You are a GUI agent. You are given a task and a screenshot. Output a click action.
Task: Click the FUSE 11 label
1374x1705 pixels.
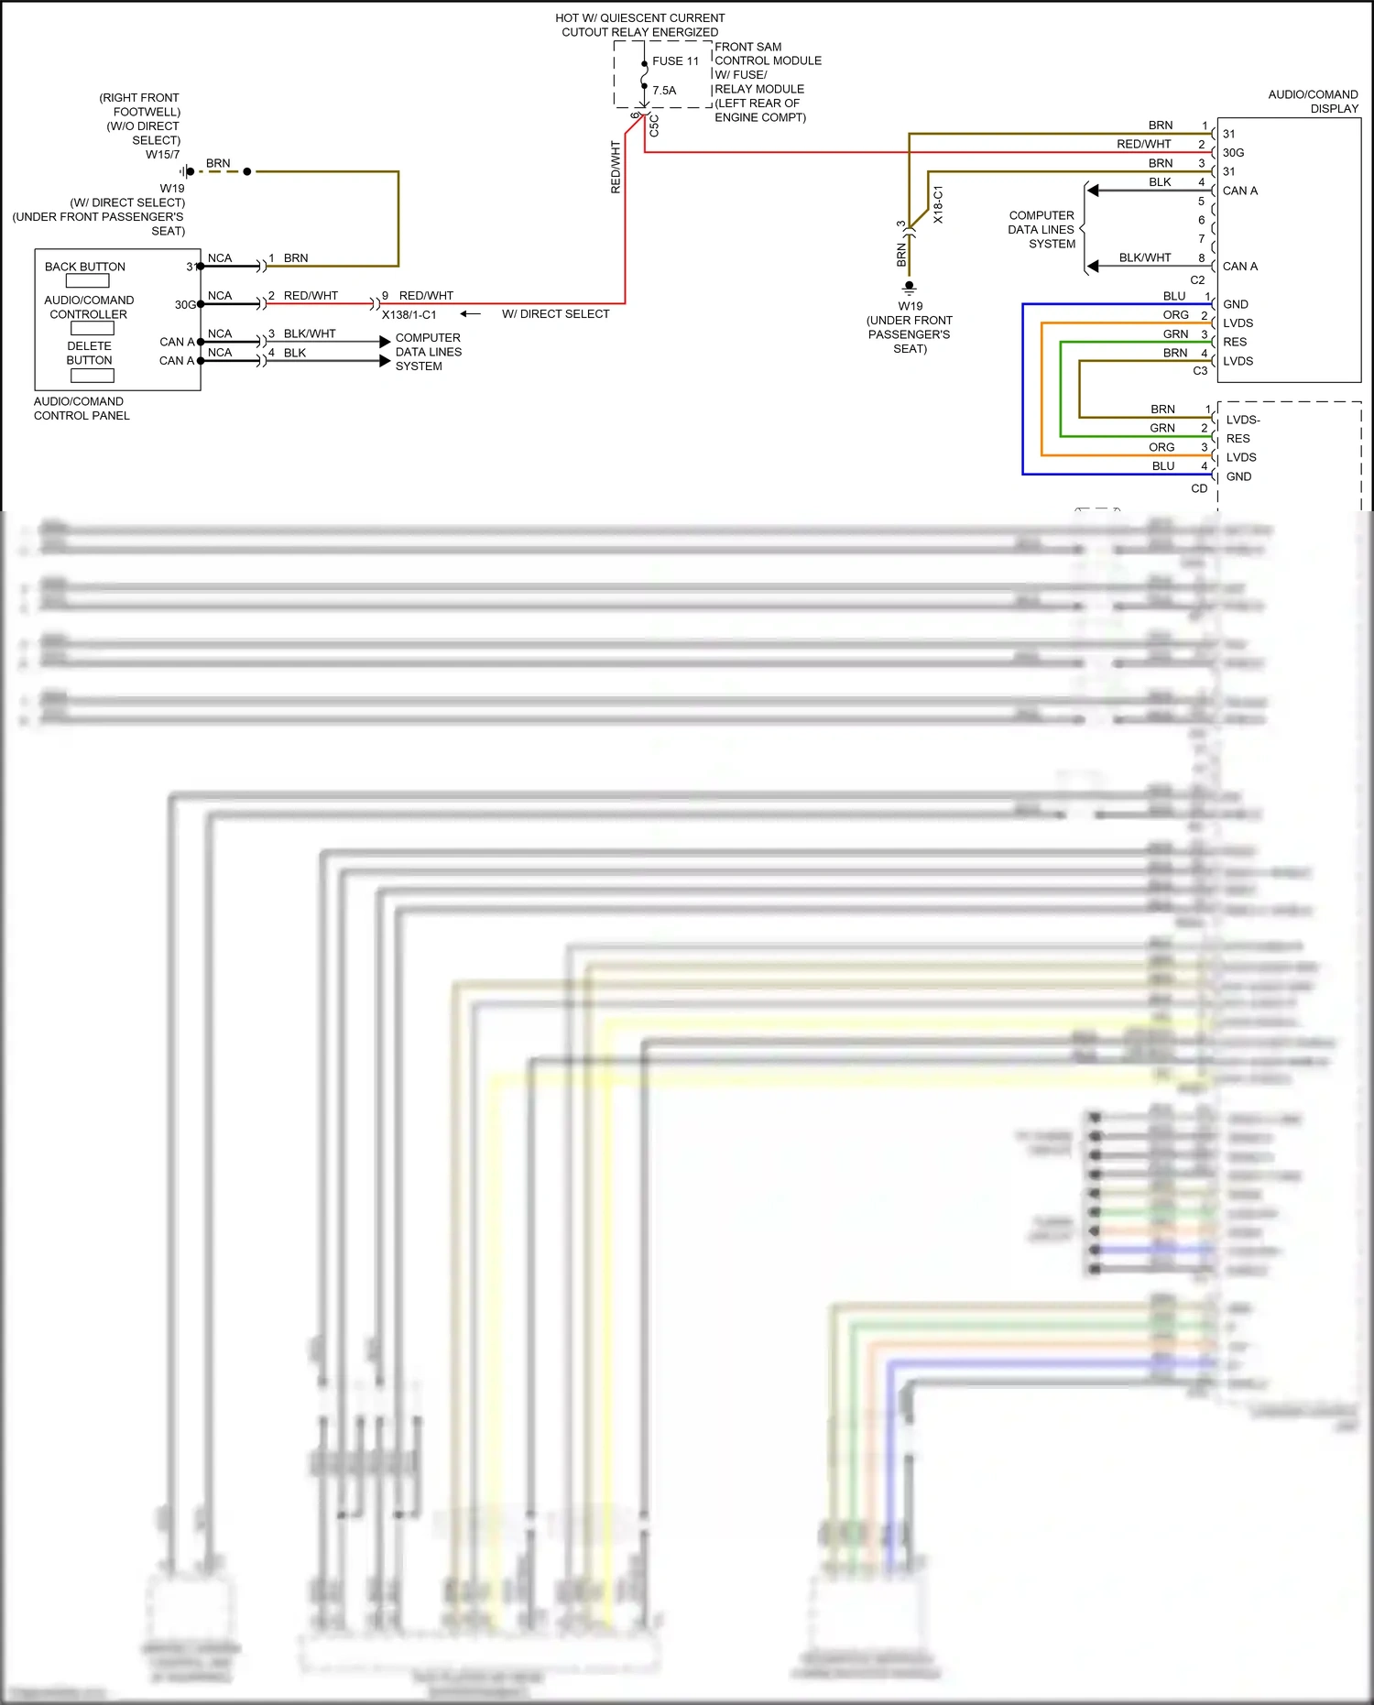[x=675, y=61]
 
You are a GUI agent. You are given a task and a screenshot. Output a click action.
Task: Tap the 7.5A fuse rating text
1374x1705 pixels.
[x=664, y=91]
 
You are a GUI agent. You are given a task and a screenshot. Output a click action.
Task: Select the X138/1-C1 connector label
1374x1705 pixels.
[x=409, y=315]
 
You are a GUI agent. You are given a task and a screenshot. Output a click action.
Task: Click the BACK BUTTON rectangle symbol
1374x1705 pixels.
[x=87, y=281]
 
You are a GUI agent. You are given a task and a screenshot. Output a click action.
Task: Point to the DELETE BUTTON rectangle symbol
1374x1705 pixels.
[x=92, y=375]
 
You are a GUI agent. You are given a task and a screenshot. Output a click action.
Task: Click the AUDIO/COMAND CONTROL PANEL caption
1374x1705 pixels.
[x=82, y=409]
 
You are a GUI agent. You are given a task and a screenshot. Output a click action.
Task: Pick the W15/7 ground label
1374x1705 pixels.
[x=163, y=155]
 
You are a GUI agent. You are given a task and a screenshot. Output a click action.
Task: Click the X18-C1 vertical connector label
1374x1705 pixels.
[x=938, y=205]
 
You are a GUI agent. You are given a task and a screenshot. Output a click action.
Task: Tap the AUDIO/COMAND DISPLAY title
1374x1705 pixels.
[x=1314, y=102]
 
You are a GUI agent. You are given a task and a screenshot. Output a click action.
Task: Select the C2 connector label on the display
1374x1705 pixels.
[x=1197, y=280]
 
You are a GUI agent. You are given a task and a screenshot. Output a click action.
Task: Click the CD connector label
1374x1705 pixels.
[x=1199, y=489]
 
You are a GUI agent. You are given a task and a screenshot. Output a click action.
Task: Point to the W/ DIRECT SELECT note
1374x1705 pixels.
[x=555, y=314]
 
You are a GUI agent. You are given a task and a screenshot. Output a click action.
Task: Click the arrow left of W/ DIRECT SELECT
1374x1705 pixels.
[x=470, y=314]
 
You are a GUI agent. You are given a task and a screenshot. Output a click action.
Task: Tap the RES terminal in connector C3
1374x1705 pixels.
[x=1235, y=343]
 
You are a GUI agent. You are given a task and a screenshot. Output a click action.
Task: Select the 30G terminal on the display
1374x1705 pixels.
[x=1233, y=153]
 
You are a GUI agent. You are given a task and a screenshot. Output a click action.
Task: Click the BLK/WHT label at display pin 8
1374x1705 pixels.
[x=1144, y=258]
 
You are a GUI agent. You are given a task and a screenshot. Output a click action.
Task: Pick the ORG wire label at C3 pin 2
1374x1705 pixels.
[x=1175, y=315]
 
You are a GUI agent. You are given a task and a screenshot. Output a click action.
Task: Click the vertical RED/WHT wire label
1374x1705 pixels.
[x=616, y=167]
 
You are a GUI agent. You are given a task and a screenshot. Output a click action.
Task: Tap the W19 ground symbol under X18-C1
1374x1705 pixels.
[x=909, y=287]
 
